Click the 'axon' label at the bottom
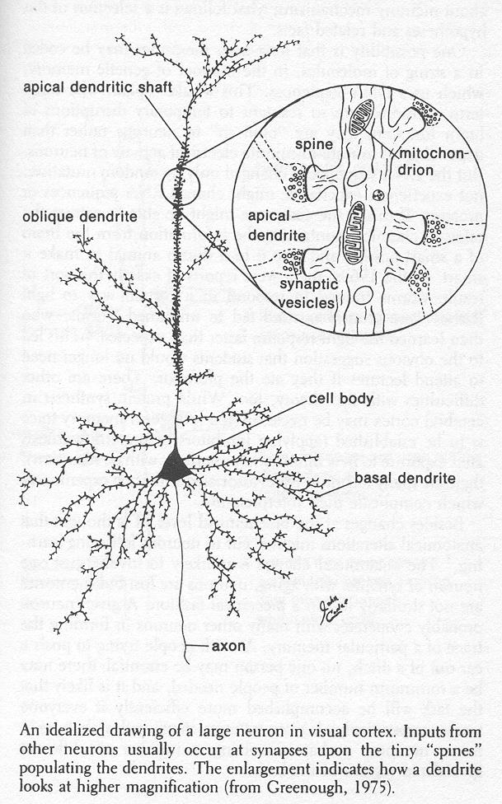click(x=224, y=647)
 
